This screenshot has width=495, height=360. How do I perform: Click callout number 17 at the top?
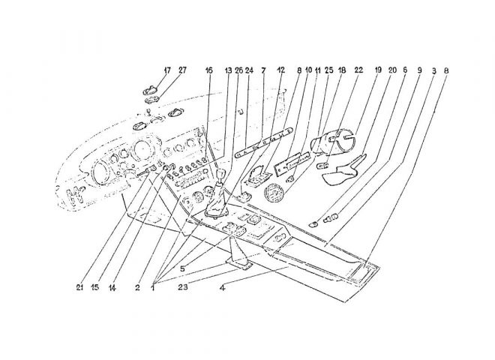pyautogui.click(x=167, y=70)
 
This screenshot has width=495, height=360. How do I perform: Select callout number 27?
pyautogui.click(x=182, y=70)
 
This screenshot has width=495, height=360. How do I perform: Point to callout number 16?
pyautogui.click(x=208, y=70)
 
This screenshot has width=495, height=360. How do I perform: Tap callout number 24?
pyautogui.click(x=249, y=70)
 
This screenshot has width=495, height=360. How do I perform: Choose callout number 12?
pyautogui.click(x=280, y=70)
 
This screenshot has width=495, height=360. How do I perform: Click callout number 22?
pyautogui.click(x=358, y=70)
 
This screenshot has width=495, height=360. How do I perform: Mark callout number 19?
pyautogui.click(x=378, y=70)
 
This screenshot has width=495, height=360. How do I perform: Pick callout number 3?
pyautogui.click(x=434, y=70)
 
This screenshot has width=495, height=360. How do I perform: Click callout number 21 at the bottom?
pyautogui.click(x=79, y=287)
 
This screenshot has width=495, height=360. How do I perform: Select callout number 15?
pyautogui.click(x=95, y=287)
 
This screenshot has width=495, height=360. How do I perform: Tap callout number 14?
pyautogui.click(x=112, y=288)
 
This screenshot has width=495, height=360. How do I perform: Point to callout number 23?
pyautogui.click(x=182, y=287)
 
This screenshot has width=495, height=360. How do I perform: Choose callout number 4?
pyautogui.click(x=223, y=288)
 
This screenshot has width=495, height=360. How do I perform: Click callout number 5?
pyautogui.click(x=182, y=269)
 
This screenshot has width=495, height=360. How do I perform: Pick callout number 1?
pyautogui.click(x=153, y=288)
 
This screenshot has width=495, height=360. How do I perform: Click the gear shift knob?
pyautogui.click(x=220, y=175)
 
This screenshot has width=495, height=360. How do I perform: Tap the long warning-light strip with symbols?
pyautogui.click(x=264, y=140)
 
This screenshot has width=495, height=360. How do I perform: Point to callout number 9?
pyautogui.click(x=419, y=70)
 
